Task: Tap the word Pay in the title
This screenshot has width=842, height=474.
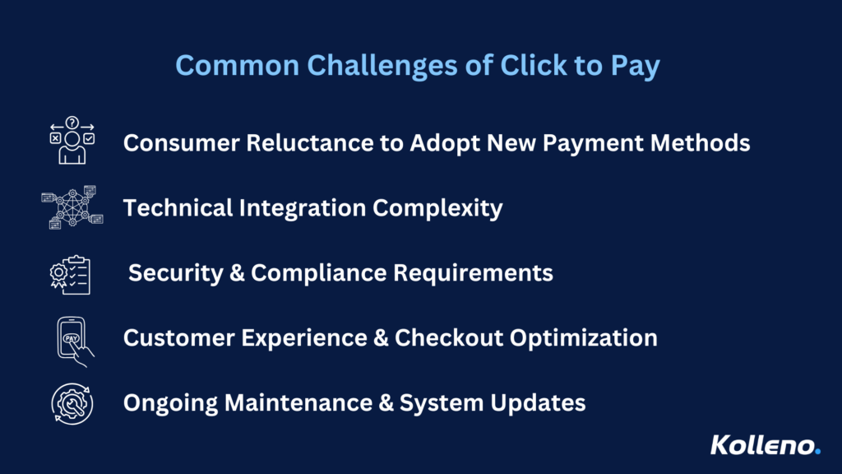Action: [x=636, y=67]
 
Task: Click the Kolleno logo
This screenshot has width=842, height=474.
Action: [x=766, y=445]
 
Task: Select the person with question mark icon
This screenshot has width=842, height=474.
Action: [x=72, y=140]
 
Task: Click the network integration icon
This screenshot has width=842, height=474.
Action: [x=72, y=207]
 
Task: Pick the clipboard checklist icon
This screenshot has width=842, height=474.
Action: [x=71, y=275]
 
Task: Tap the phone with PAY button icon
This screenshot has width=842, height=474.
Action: [x=75, y=342]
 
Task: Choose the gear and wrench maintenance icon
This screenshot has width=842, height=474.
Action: [x=72, y=403]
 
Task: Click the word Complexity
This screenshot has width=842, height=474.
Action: [x=437, y=208]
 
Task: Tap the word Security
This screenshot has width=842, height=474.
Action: [x=176, y=273]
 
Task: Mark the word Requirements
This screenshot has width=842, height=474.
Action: [x=473, y=273]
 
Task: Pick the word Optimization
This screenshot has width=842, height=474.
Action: [x=584, y=338]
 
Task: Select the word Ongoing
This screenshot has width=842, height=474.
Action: [x=170, y=403]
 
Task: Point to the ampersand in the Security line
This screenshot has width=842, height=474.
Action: [x=237, y=273]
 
